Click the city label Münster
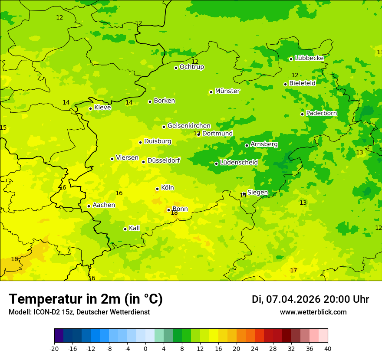(x=227, y=91)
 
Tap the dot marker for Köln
(x=157, y=189)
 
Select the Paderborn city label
(x=321, y=113)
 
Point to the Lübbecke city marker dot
(x=291, y=59)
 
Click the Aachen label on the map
(x=104, y=205)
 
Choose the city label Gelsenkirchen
(x=189, y=126)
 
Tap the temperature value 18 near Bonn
(x=174, y=213)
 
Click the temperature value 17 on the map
(x=293, y=271)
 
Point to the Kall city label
(x=135, y=228)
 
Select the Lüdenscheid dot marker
(x=216, y=164)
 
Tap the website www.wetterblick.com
(x=313, y=312)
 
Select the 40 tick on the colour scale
(x=328, y=348)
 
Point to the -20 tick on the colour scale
(x=54, y=348)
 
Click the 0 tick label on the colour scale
(x=145, y=348)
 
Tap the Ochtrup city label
(x=191, y=67)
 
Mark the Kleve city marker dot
(x=90, y=108)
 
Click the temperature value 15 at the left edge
(x=3, y=128)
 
